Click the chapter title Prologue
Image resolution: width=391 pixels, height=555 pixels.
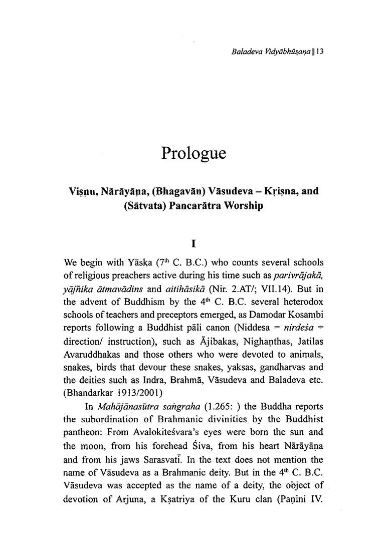194,152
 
